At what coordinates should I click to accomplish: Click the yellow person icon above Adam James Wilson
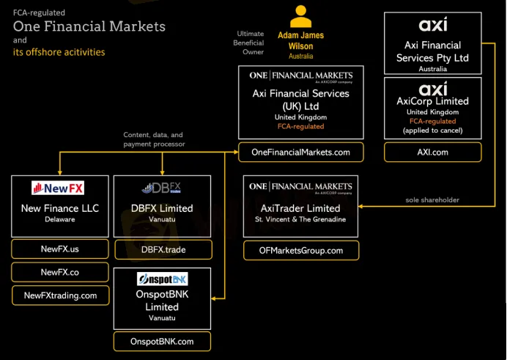[300, 16]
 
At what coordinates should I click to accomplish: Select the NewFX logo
[57, 188]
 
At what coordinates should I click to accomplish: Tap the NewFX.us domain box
[60, 249]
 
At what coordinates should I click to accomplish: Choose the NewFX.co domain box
[60, 272]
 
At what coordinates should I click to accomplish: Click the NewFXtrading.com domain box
[60, 295]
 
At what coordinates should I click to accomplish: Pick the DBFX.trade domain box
[163, 249]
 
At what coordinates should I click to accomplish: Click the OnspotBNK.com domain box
[163, 341]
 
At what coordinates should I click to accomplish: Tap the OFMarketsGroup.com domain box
[301, 250]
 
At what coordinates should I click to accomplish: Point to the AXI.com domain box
[432, 152]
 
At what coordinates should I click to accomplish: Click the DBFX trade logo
[163, 188]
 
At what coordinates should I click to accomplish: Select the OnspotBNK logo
[163, 279]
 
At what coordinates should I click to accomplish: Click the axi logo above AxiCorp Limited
[432, 89]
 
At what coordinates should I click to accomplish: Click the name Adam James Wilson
[300, 41]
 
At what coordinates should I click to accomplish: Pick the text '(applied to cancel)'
[432, 131]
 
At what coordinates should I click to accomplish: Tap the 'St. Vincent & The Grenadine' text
[301, 220]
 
